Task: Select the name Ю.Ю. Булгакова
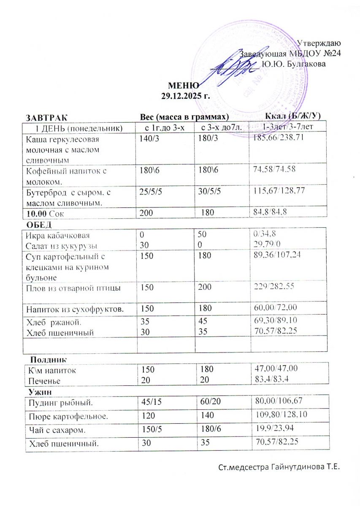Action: click(294, 64)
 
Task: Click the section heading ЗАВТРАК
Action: click(46, 116)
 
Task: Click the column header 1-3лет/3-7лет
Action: click(287, 126)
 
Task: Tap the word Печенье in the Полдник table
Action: click(44, 381)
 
